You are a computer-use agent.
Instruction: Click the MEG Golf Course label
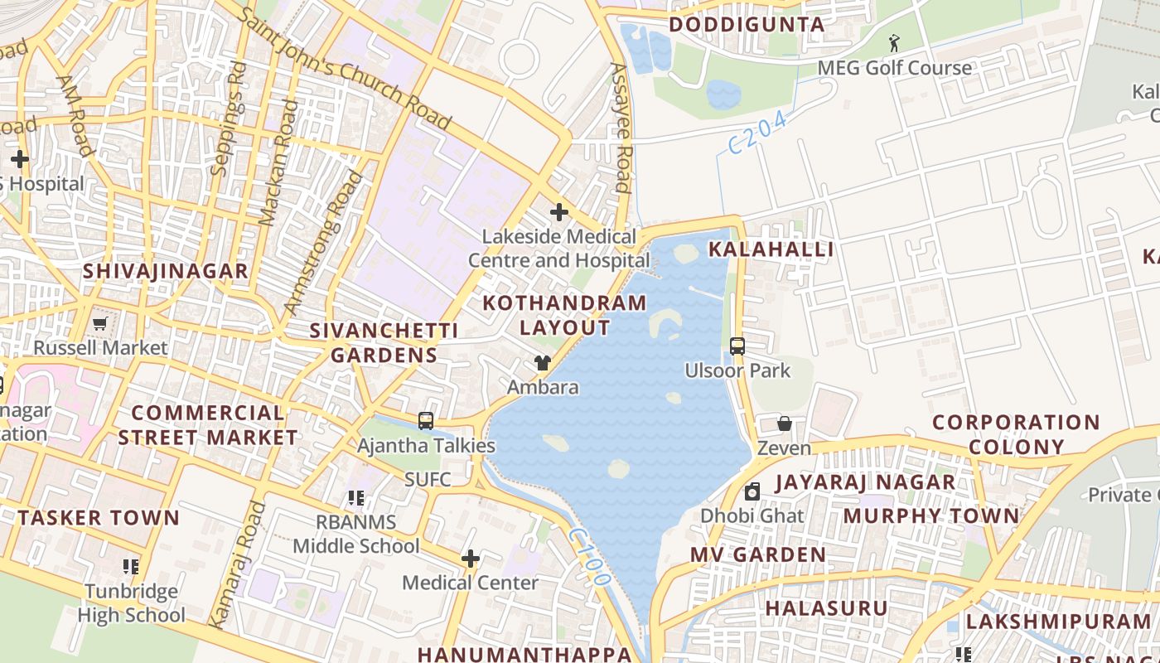tap(894, 68)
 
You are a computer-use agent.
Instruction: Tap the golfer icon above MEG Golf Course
tap(894, 42)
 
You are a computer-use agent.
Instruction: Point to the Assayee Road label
tap(621, 128)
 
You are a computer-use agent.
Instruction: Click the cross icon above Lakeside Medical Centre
tap(559, 212)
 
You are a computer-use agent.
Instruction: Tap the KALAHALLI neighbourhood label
tap(771, 249)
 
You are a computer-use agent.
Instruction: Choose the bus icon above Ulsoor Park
tap(737, 346)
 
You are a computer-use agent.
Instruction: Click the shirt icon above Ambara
tap(543, 363)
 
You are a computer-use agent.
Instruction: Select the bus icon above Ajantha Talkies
tap(426, 421)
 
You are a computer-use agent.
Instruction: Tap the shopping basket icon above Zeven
tap(784, 424)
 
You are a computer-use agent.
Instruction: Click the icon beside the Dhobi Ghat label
tap(752, 492)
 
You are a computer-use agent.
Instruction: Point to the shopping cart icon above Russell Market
tap(100, 323)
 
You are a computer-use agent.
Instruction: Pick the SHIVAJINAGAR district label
tap(166, 271)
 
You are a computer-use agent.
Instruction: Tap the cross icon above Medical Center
tap(471, 559)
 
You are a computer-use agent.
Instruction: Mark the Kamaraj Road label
tap(234, 564)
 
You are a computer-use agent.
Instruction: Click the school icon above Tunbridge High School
tap(130, 567)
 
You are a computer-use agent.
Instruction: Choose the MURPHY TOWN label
tap(930, 516)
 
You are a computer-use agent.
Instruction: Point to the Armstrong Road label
tap(323, 244)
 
